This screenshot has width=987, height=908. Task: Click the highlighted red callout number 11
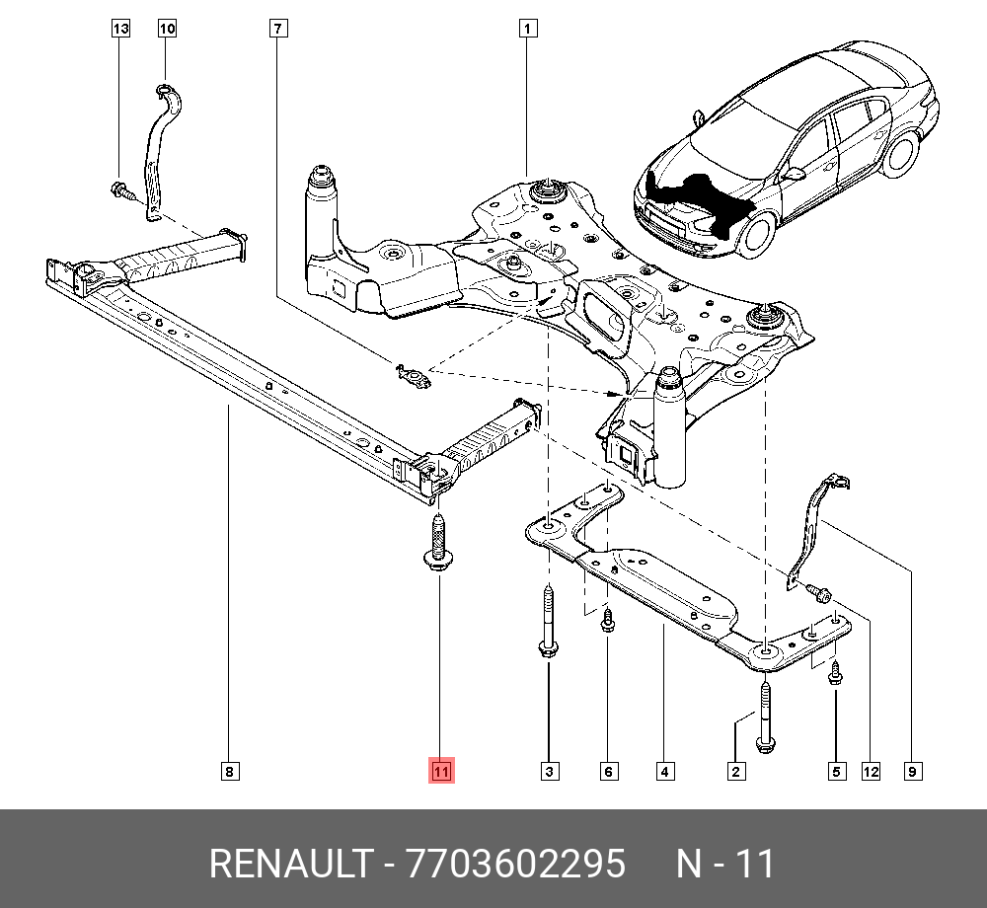tap(439, 771)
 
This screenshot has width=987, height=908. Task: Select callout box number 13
tap(120, 30)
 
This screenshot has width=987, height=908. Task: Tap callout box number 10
tap(167, 30)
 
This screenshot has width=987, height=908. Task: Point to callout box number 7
tap(278, 30)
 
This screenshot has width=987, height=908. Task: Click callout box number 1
tap(528, 30)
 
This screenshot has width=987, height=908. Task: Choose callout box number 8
tap(228, 771)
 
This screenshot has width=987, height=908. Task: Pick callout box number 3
tap(549, 771)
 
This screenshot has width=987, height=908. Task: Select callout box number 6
tap(609, 771)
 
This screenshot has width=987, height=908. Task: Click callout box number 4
tap(665, 771)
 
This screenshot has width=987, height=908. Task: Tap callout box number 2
tap(734, 771)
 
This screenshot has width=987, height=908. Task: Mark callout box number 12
tap(870, 771)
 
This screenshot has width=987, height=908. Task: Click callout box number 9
tap(913, 771)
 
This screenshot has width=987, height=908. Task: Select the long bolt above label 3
tap(547, 622)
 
